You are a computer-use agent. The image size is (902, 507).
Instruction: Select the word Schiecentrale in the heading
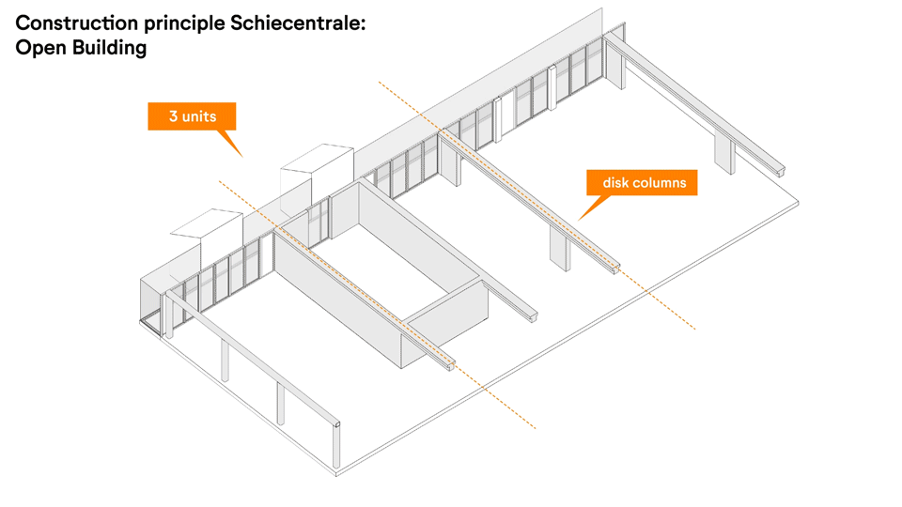click(x=298, y=24)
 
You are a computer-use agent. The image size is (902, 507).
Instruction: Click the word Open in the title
click(x=39, y=47)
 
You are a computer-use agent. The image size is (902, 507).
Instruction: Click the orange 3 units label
click(x=192, y=116)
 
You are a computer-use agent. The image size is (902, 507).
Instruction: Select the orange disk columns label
click(x=644, y=182)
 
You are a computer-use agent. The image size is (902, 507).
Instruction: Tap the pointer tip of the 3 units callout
click(x=241, y=156)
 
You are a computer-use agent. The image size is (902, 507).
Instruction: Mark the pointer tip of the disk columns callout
click(x=579, y=220)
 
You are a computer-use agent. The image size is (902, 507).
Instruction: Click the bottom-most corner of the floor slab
click(x=336, y=475)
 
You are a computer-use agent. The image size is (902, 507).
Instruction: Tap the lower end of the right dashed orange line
click(x=695, y=329)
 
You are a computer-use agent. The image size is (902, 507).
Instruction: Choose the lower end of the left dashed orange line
click(x=536, y=429)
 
